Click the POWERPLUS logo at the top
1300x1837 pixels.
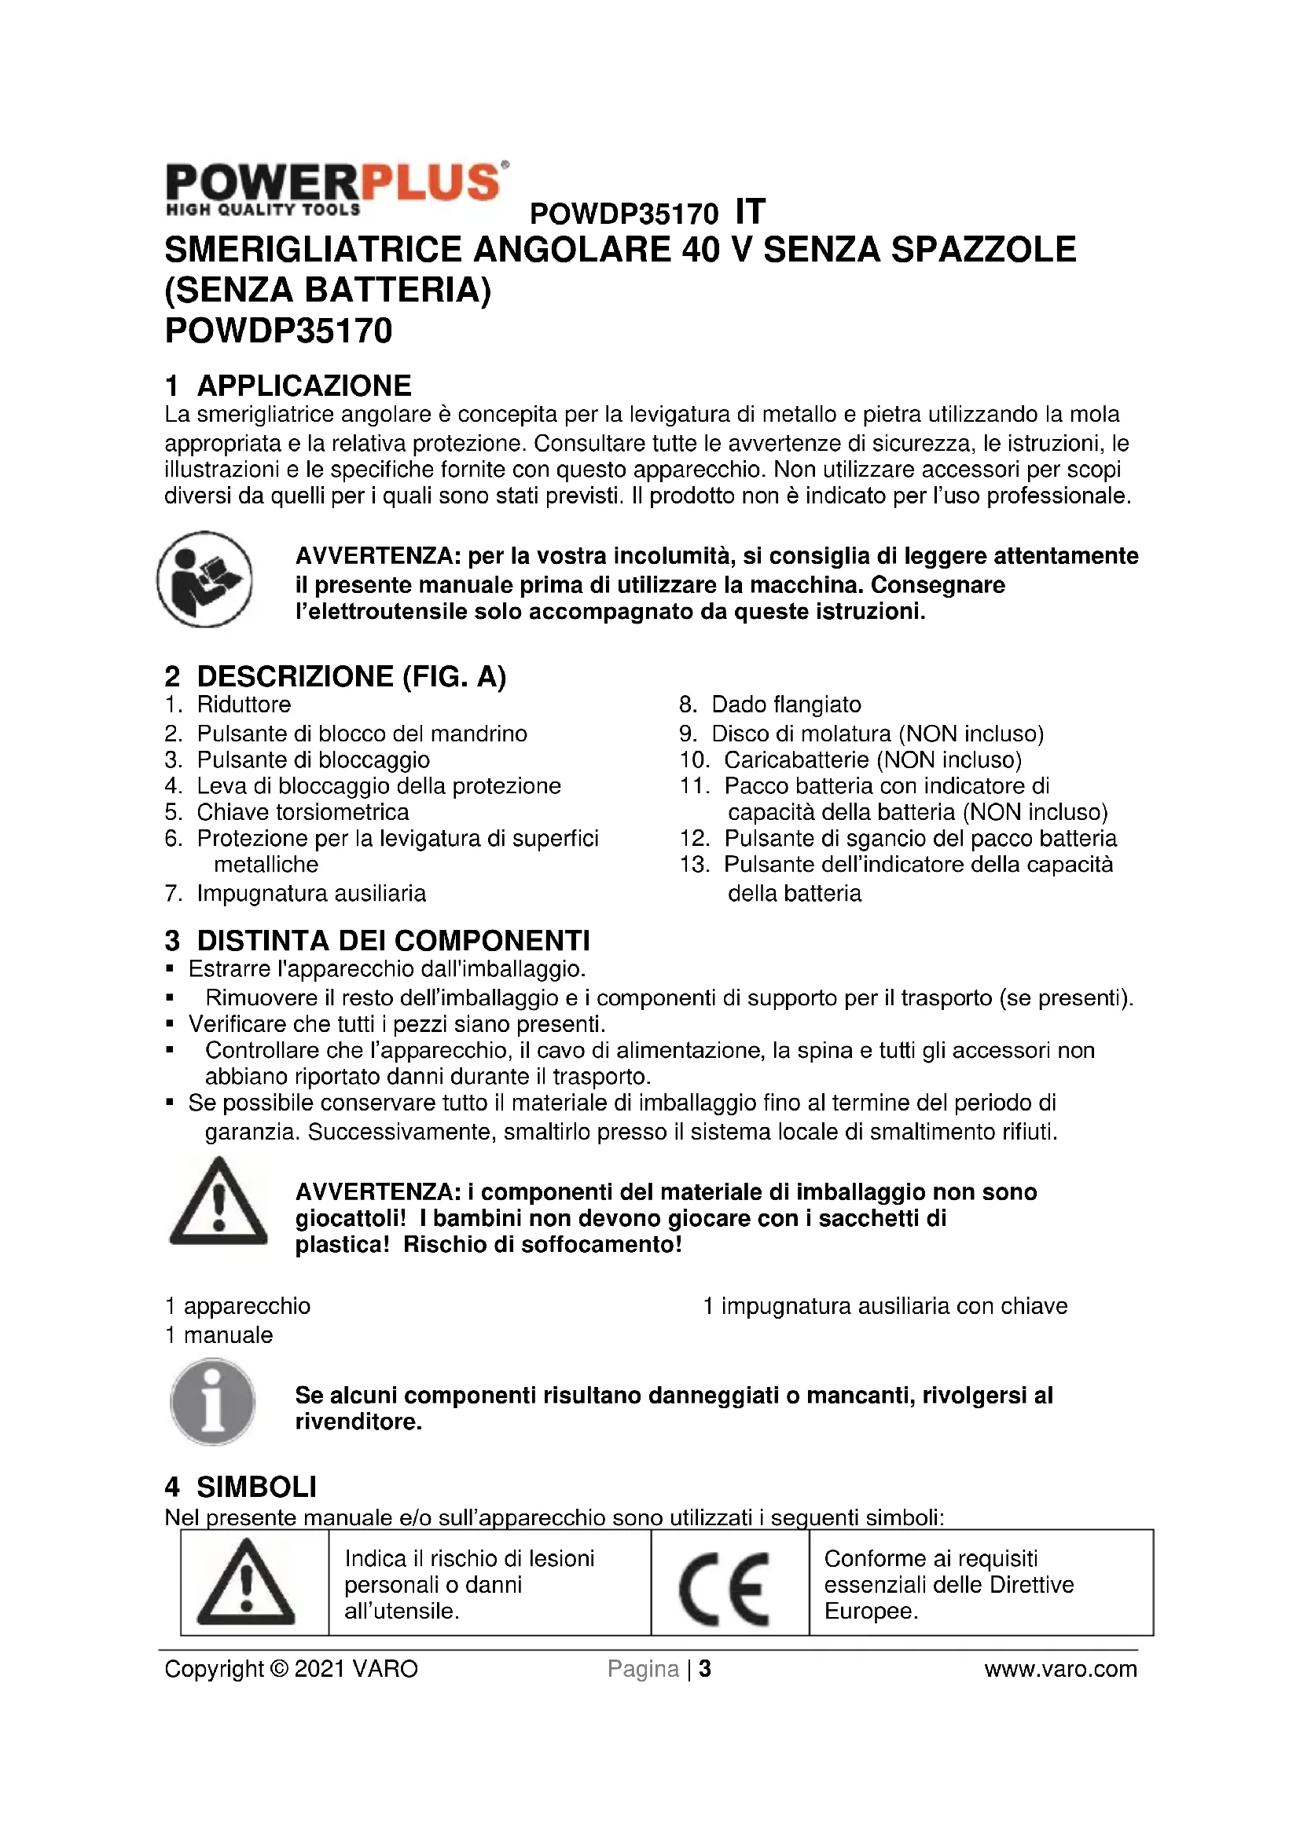tap(336, 188)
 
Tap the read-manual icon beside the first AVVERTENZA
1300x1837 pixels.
tap(205, 579)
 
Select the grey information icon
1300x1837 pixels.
tap(213, 1403)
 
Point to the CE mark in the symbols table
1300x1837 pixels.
tap(725, 1589)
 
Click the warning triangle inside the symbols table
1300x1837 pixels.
tap(246, 1589)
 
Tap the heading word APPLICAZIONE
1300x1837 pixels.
tap(304, 386)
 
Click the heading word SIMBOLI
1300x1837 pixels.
tap(257, 1487)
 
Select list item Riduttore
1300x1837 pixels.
tap(244, 704)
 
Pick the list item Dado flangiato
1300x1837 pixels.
tap(786, 704)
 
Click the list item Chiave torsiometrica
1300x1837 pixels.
tap(303, 812)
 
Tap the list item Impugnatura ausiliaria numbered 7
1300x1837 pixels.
tap(311, 893)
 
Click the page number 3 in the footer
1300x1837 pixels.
tap(705, 1669)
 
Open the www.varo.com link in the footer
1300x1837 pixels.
tap(1059, 1669)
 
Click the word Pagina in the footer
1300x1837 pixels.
tap(643, 1669)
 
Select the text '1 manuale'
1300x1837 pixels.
tap(219, 1334)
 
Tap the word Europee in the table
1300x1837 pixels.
tap(870, 1611)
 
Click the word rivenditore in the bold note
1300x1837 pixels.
tap(357, 1422)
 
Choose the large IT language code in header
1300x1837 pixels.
tap(750, 212)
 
